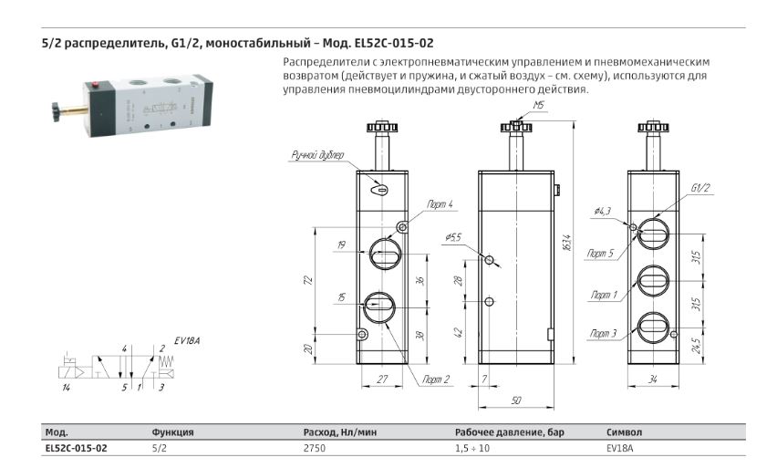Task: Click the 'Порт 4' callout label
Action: click(440, 204)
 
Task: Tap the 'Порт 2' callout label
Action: click(436, 380)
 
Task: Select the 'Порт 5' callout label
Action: click(601, 254)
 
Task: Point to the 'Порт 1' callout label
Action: click(604, 295)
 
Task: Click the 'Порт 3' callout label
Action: click(603, 334)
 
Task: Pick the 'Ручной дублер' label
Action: click(317, 156)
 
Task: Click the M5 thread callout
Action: click(538, 105)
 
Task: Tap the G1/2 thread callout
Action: click(700, 188)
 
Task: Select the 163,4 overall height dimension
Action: click(568, 243)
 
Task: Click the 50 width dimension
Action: click(516, 400)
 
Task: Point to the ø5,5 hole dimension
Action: click(453, 237)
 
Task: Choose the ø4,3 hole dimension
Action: click(603, 212)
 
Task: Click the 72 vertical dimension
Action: click(308, 280)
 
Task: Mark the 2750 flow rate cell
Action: click(314, 448)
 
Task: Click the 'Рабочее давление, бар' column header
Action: click(510, 432)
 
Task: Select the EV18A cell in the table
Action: click(620, 448)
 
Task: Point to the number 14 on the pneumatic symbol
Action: click(66, 388)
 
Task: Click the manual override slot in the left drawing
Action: click(379, 189)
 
